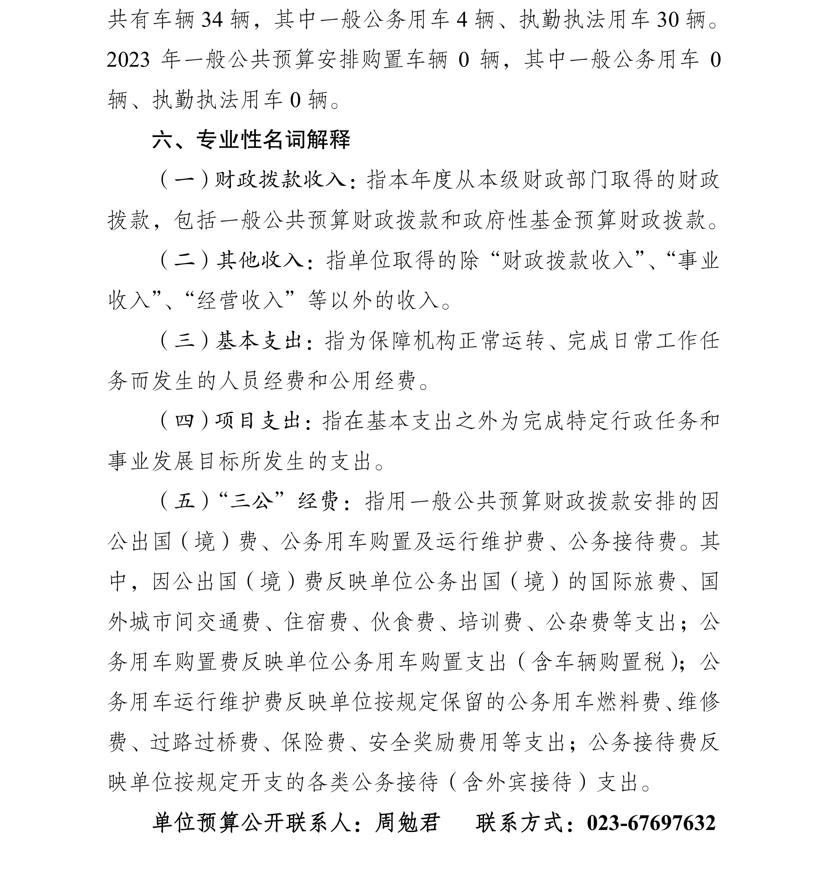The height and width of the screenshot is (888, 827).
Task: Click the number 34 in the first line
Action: [x=212, y=20]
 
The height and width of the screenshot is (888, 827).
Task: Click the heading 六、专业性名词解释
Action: [x=251, y=140]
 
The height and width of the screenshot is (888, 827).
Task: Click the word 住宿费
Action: [x=316, y=621]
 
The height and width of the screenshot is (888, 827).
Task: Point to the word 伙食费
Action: [x=403, y=621]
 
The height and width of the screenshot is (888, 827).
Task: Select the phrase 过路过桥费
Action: [x=204, y=742]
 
